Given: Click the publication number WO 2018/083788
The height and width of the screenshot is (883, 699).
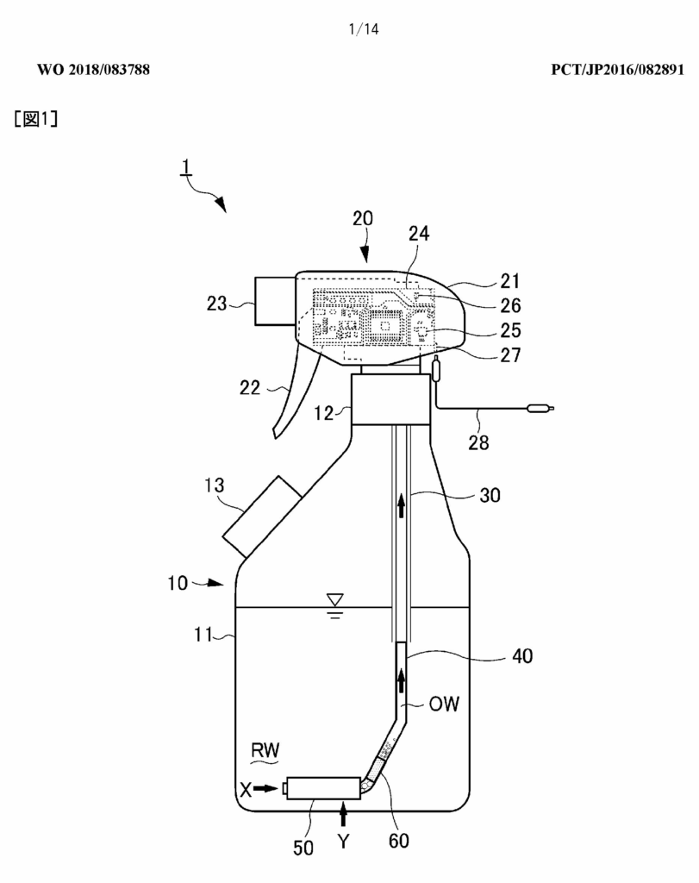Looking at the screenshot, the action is click(93, 70).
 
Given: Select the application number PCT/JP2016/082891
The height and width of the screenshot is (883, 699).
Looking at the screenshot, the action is click(617, 70).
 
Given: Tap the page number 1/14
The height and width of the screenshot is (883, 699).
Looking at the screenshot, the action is click(364, 29).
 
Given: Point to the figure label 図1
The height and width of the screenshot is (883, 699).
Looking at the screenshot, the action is click(36, 119).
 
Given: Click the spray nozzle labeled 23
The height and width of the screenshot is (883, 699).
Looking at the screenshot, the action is click(275, 301).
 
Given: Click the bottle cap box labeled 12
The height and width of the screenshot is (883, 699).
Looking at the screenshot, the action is click(390, 399).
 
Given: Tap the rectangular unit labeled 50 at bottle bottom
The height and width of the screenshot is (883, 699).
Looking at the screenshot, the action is click(323, 788).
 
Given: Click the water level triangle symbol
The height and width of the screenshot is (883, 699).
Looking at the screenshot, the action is click(335, 599).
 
